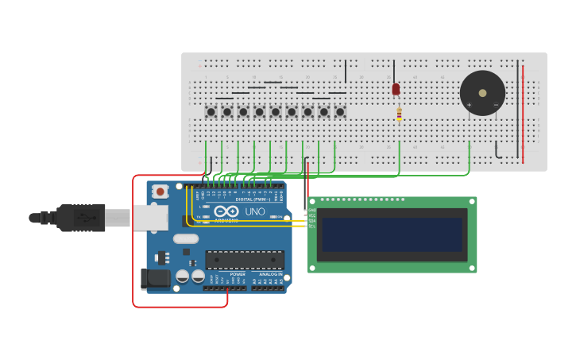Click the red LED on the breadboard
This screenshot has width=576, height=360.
[x=396, y=88]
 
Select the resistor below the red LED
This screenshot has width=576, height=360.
[x=399, y=114]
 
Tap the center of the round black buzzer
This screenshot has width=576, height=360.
[x=482, y=93]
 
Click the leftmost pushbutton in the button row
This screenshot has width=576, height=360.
[x=211, y=112]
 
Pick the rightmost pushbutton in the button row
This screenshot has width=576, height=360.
[x=340, y=112]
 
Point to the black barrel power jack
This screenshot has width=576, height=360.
[x=155, y=278]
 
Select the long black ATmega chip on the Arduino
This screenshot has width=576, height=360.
[x=245, y=259]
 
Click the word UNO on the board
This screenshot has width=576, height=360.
[x=255, y=212]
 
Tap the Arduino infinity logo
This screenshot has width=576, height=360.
[x=226, y=211]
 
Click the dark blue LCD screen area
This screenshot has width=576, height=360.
[x=392, y=235]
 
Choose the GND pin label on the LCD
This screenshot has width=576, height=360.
[x=312, y=210]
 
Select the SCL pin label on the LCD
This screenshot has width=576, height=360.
[x=312, y=226]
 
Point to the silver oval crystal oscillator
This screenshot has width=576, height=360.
[x=185, y=238]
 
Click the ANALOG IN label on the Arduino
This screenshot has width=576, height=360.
[x=271, y=274]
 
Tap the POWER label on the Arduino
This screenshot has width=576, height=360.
[x=238, y=274]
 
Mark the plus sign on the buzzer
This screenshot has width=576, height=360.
[x=469, y=104]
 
